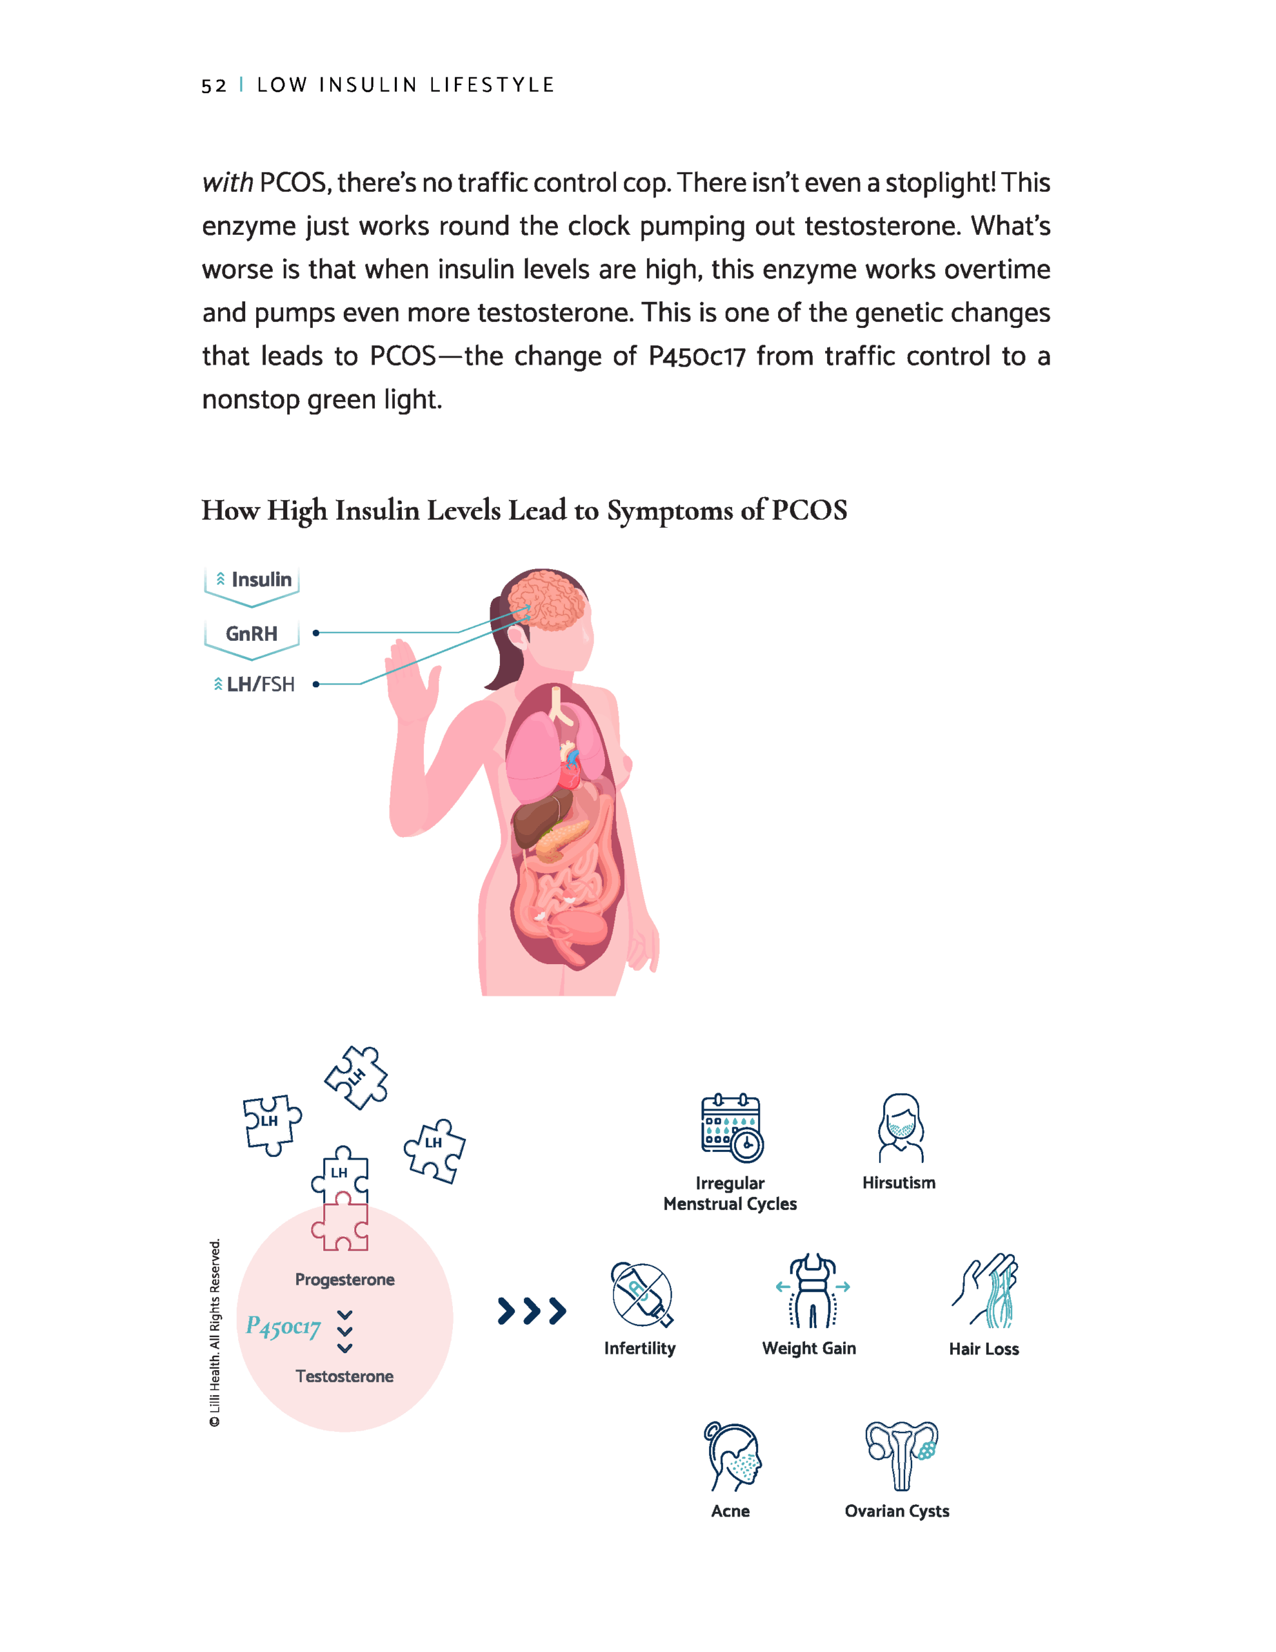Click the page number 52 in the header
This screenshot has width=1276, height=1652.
point(214,85)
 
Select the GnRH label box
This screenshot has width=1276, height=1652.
point(252,634)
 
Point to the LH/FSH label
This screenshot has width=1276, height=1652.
point(255,685)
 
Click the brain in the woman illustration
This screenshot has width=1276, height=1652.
point(547,600)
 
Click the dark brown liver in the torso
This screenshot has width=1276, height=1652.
point(539,820)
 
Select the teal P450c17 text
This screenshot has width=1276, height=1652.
point(283,1326)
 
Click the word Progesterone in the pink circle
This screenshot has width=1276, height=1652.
point(345,1280)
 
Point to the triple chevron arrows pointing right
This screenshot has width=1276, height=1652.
point(532,1311)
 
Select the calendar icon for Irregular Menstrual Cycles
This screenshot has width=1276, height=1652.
point(732,1128)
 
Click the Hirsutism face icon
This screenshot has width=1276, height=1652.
point(900,1128)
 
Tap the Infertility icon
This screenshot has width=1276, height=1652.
point(641,1295)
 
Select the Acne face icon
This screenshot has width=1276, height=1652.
point(733,1456)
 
